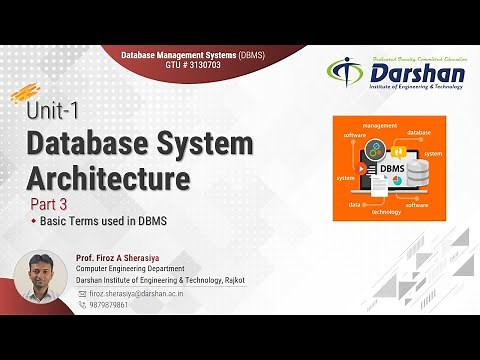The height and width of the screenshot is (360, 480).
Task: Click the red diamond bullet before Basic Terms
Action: click(x=33, y=228)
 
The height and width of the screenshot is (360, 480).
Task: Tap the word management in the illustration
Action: click(x=381, y=125)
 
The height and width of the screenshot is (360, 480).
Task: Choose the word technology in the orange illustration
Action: click(x=392, y=212)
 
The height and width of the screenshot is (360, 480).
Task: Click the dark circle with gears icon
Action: click(x=375, y=151)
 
